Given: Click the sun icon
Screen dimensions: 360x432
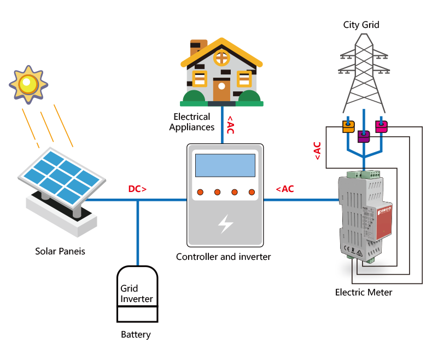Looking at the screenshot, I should tap(28, 84).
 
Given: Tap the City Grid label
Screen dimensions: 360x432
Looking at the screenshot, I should tap(361, 25).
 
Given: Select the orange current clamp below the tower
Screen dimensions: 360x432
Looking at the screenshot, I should tap(348, 126).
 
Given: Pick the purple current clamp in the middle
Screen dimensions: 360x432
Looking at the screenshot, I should tap(363, 136).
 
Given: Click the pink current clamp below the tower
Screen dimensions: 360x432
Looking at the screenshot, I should tap(381, 126).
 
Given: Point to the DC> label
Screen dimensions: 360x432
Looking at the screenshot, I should tap(137, 189).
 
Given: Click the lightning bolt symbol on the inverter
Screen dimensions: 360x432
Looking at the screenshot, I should tap(225, 223).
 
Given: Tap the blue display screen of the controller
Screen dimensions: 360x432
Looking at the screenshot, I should tap(225, 165).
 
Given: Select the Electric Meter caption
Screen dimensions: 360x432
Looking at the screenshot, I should tap(364, 292).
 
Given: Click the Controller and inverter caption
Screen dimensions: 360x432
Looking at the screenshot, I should tap(223, 256).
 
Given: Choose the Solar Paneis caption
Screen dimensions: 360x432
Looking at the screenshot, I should tap(60, 252).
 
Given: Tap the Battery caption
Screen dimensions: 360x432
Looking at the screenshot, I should tap(136, 334).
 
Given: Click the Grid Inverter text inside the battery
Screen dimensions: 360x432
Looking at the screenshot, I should tap(137, 293).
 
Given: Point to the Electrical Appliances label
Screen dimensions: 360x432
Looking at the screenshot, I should tap(191, 122).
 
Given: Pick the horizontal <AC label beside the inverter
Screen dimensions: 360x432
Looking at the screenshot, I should tap(284, 189).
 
